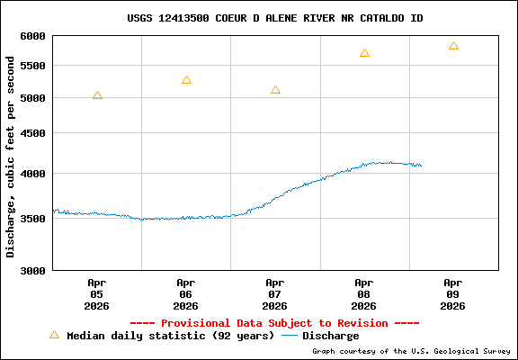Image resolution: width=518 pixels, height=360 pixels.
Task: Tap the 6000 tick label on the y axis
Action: (32, 36)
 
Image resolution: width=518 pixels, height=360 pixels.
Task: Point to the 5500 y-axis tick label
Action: (32, 66)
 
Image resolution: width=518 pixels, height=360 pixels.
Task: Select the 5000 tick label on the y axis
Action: (32, 98)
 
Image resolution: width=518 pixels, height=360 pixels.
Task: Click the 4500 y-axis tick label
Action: (32, 133)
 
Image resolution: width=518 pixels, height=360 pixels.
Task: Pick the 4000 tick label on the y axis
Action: (32, 173)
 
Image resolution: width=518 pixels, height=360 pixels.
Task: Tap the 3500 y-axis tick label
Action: (32, 218)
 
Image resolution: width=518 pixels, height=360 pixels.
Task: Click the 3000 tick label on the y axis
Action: (32, 270)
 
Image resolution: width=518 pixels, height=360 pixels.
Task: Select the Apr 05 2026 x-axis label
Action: (96, 293)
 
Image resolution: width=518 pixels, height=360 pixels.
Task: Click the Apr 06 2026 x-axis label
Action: (186, 293)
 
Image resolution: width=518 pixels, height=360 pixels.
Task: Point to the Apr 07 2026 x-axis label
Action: (275, 293)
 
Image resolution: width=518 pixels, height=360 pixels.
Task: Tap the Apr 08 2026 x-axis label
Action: (364, 293)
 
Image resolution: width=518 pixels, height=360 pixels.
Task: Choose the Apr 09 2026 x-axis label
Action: (453, 293)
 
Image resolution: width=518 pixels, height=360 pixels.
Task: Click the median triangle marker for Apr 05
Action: (97, 94)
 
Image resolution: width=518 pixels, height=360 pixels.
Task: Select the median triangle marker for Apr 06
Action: (186, 80)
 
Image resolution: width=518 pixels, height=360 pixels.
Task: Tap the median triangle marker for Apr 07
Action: (275, 90)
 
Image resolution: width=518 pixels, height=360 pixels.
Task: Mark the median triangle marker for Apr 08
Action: (364, 53)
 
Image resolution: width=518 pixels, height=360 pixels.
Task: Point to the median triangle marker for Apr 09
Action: (453, 46)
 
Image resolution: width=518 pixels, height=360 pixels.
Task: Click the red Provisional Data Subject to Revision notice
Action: (275, 322)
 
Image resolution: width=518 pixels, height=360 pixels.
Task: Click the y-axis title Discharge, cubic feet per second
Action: (12, 157)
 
